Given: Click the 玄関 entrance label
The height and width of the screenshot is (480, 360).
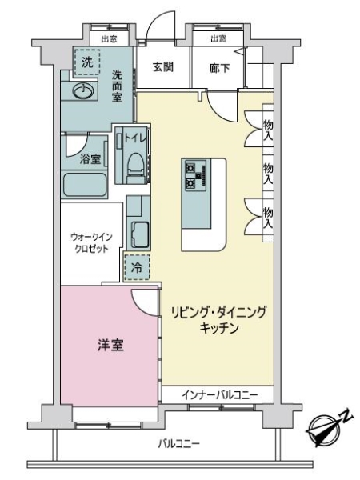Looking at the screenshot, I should click(x=163, y=67).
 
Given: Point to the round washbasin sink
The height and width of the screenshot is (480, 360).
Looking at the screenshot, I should click(x=83, y=92).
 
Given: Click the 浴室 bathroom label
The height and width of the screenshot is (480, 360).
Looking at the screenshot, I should click(x=89, y=159).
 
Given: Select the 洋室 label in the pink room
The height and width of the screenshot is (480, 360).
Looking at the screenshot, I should click(x=111, y=347).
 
